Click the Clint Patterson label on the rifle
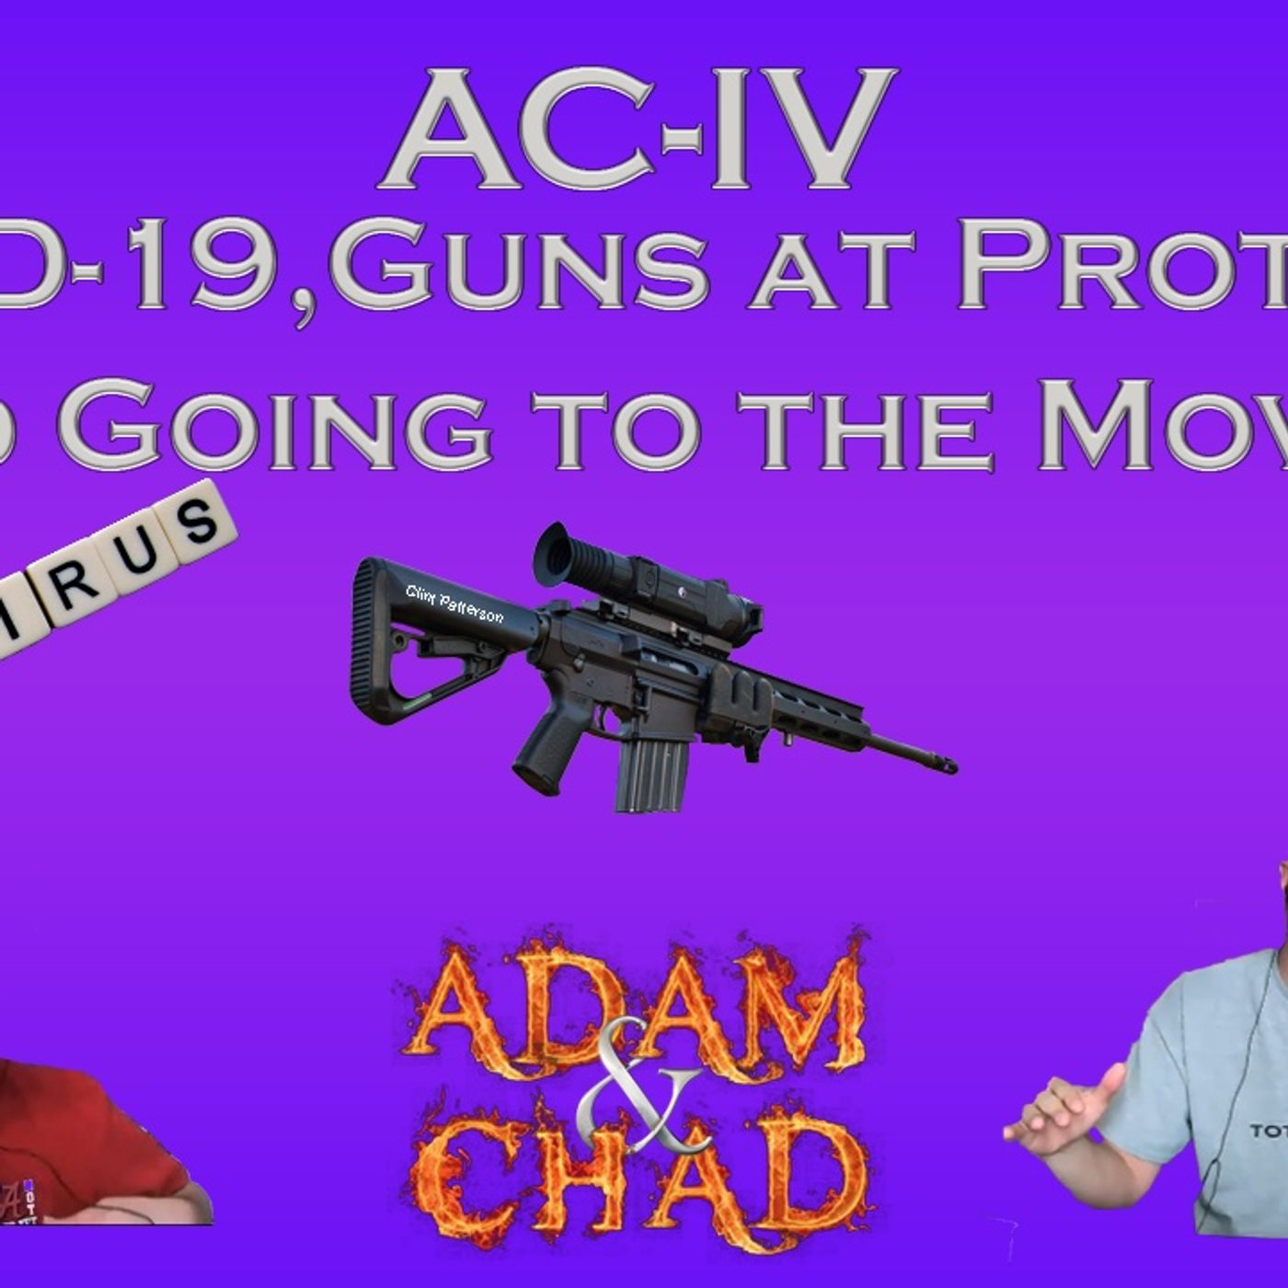pyautogui.click(x=454, y=604)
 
